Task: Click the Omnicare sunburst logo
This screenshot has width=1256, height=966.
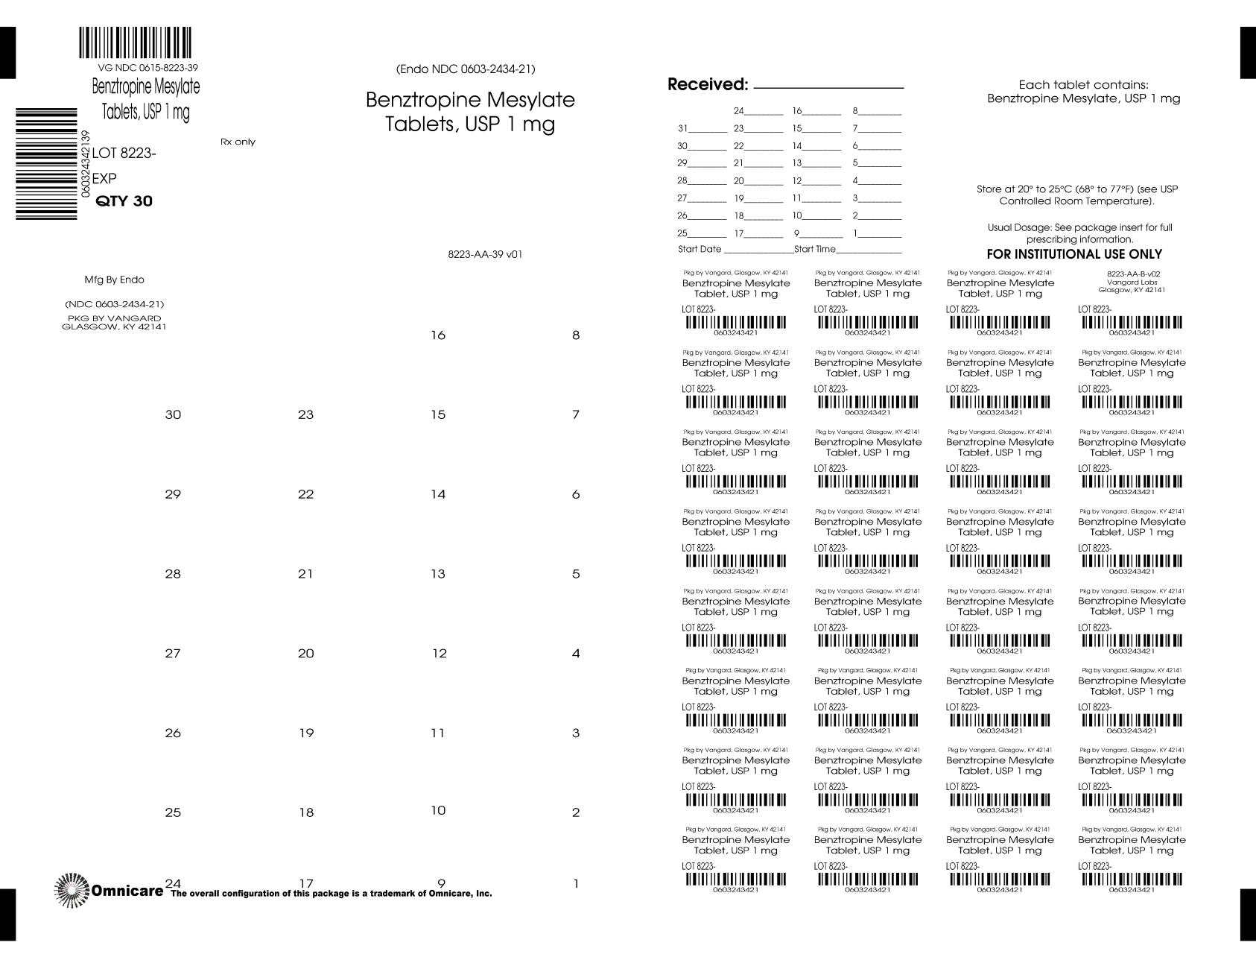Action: pyautogui.click(x=71, y=890)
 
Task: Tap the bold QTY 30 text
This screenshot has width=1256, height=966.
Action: pyautogui.click(x=124, y=201)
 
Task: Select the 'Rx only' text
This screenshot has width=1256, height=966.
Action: pyautogui.click(x=238, y=142)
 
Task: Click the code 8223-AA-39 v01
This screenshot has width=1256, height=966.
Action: pyautogui.click(x=485, y=254)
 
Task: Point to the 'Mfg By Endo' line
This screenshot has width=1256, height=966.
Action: pyautogui.click(x=114, y=280)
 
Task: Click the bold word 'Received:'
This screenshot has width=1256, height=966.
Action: pyautogui.click(x=707, y=85)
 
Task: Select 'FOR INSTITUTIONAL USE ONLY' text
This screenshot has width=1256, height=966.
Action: pyautogui.click(x=1074, y=254)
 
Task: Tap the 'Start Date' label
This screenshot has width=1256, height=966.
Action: pyautogui.click(x=700, y=249)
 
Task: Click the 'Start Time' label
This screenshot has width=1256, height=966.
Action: pyautogui.click(x=815, y=249)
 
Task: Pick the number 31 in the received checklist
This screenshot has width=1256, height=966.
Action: pyautogui.click(x=682, y=128)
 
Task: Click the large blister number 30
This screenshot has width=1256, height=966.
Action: pyautogui.click(x=173, y=415)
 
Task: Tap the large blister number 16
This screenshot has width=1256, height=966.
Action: pyautogui.click(x=438, y=335)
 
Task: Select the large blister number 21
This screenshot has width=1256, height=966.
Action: pyautogui.click(x=305, y=574)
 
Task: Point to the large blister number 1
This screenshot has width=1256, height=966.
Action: pyautogui.click(x=576, y=885)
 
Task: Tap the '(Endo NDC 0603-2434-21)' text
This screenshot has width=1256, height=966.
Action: pyautogui.click(x=466, y=69)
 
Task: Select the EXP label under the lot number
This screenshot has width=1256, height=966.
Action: pyautogui.click(x=104, y=179)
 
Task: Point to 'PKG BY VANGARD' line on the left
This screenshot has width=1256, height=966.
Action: pyautogui.click(x=114, y=318)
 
